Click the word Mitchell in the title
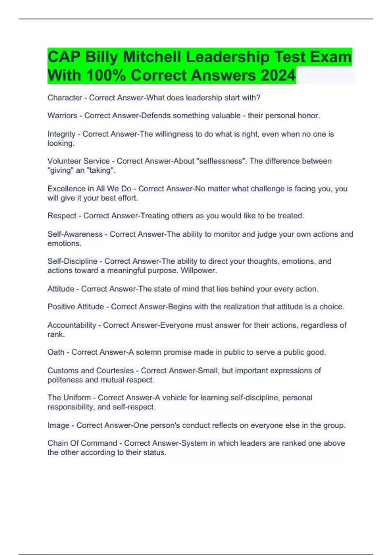coord(152,57)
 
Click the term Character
coord(65,98)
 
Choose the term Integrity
coord(61,134)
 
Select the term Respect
coord(62,216)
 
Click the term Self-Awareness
coord(75,234)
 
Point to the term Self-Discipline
coord(73,261)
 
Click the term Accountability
coord(72,325)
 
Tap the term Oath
coord(56,352)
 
